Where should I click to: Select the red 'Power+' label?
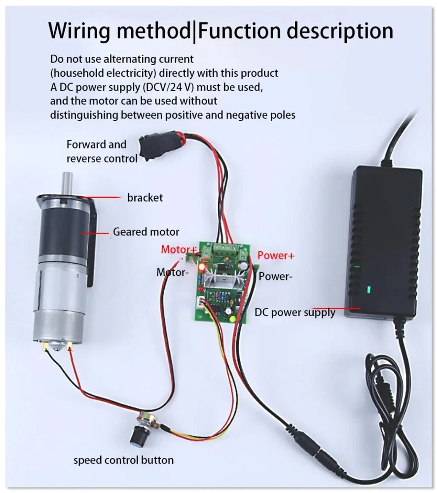pos(276,255)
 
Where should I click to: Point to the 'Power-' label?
pos(275,277)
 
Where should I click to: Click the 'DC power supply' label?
pos(294,312)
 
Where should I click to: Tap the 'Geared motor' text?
pos(146,232)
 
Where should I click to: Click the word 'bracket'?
pos(145,198)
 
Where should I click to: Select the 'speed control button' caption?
pos(123,460)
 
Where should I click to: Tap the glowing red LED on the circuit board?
pos(202,267)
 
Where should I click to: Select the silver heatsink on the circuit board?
pos(225,282)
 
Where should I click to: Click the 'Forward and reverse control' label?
pos(102,151)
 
